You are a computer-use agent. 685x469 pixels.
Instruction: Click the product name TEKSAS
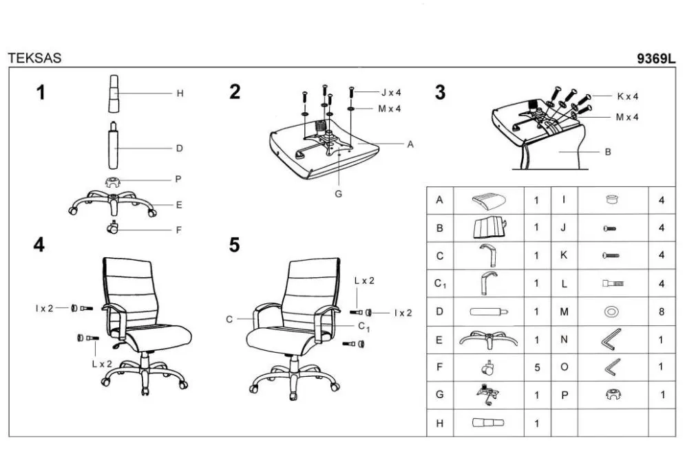34,58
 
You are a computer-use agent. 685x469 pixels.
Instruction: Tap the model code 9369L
655,58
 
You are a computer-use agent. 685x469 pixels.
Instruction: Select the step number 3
440,92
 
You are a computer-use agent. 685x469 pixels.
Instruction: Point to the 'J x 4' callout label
391,92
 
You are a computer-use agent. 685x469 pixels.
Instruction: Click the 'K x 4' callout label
627,96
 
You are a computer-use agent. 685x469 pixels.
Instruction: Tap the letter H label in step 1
180,94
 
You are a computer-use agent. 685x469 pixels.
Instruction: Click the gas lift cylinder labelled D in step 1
113,145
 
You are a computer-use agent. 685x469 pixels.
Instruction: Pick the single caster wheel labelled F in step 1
112,228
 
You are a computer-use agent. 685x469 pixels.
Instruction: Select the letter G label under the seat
338,194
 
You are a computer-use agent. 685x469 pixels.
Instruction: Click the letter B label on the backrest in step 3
608,152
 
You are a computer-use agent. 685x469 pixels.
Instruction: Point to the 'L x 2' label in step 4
102,364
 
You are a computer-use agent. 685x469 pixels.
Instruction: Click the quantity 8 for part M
662,312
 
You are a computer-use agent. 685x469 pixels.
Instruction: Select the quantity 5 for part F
537,368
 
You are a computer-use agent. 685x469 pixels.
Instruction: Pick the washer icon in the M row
611,312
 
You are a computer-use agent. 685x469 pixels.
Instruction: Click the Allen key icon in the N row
611,340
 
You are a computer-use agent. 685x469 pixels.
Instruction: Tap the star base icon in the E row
489,340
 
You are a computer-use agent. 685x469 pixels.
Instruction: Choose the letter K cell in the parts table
564,255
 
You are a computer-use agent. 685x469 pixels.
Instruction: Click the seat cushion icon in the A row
489,200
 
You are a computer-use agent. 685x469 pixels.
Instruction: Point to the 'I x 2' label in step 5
403,313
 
